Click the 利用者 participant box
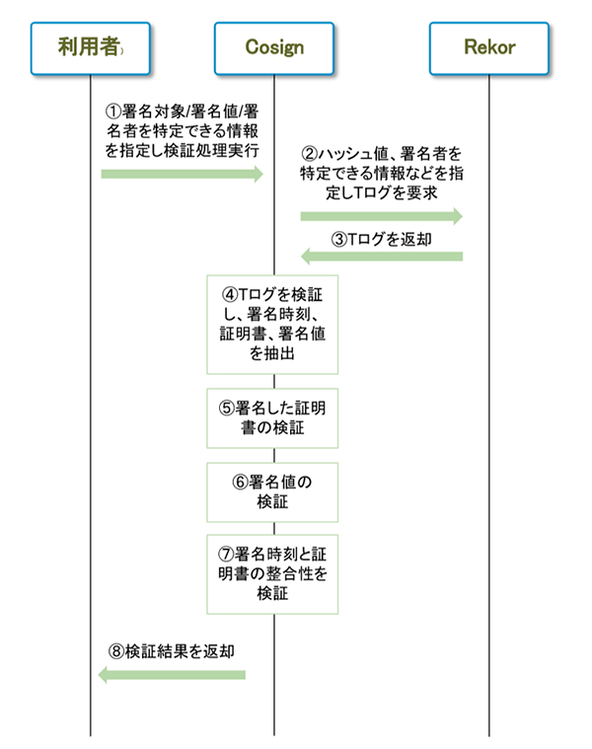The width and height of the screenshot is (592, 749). [90, 47]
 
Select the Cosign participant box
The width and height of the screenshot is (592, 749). [273, 47]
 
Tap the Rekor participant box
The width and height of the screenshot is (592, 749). [488, 47]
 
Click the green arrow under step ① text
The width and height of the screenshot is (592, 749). [183, 175]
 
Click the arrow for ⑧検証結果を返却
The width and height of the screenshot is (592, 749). [172, 674]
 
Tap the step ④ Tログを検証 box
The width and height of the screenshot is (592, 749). [272, 324]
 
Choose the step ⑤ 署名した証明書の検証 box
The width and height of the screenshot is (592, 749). [272, 417]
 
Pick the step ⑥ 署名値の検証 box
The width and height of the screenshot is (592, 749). [272, 491]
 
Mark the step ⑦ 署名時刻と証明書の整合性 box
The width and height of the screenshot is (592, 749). [272, 572]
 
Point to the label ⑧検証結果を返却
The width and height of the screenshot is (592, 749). [172, 651]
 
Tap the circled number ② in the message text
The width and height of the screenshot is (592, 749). [309, 154]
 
